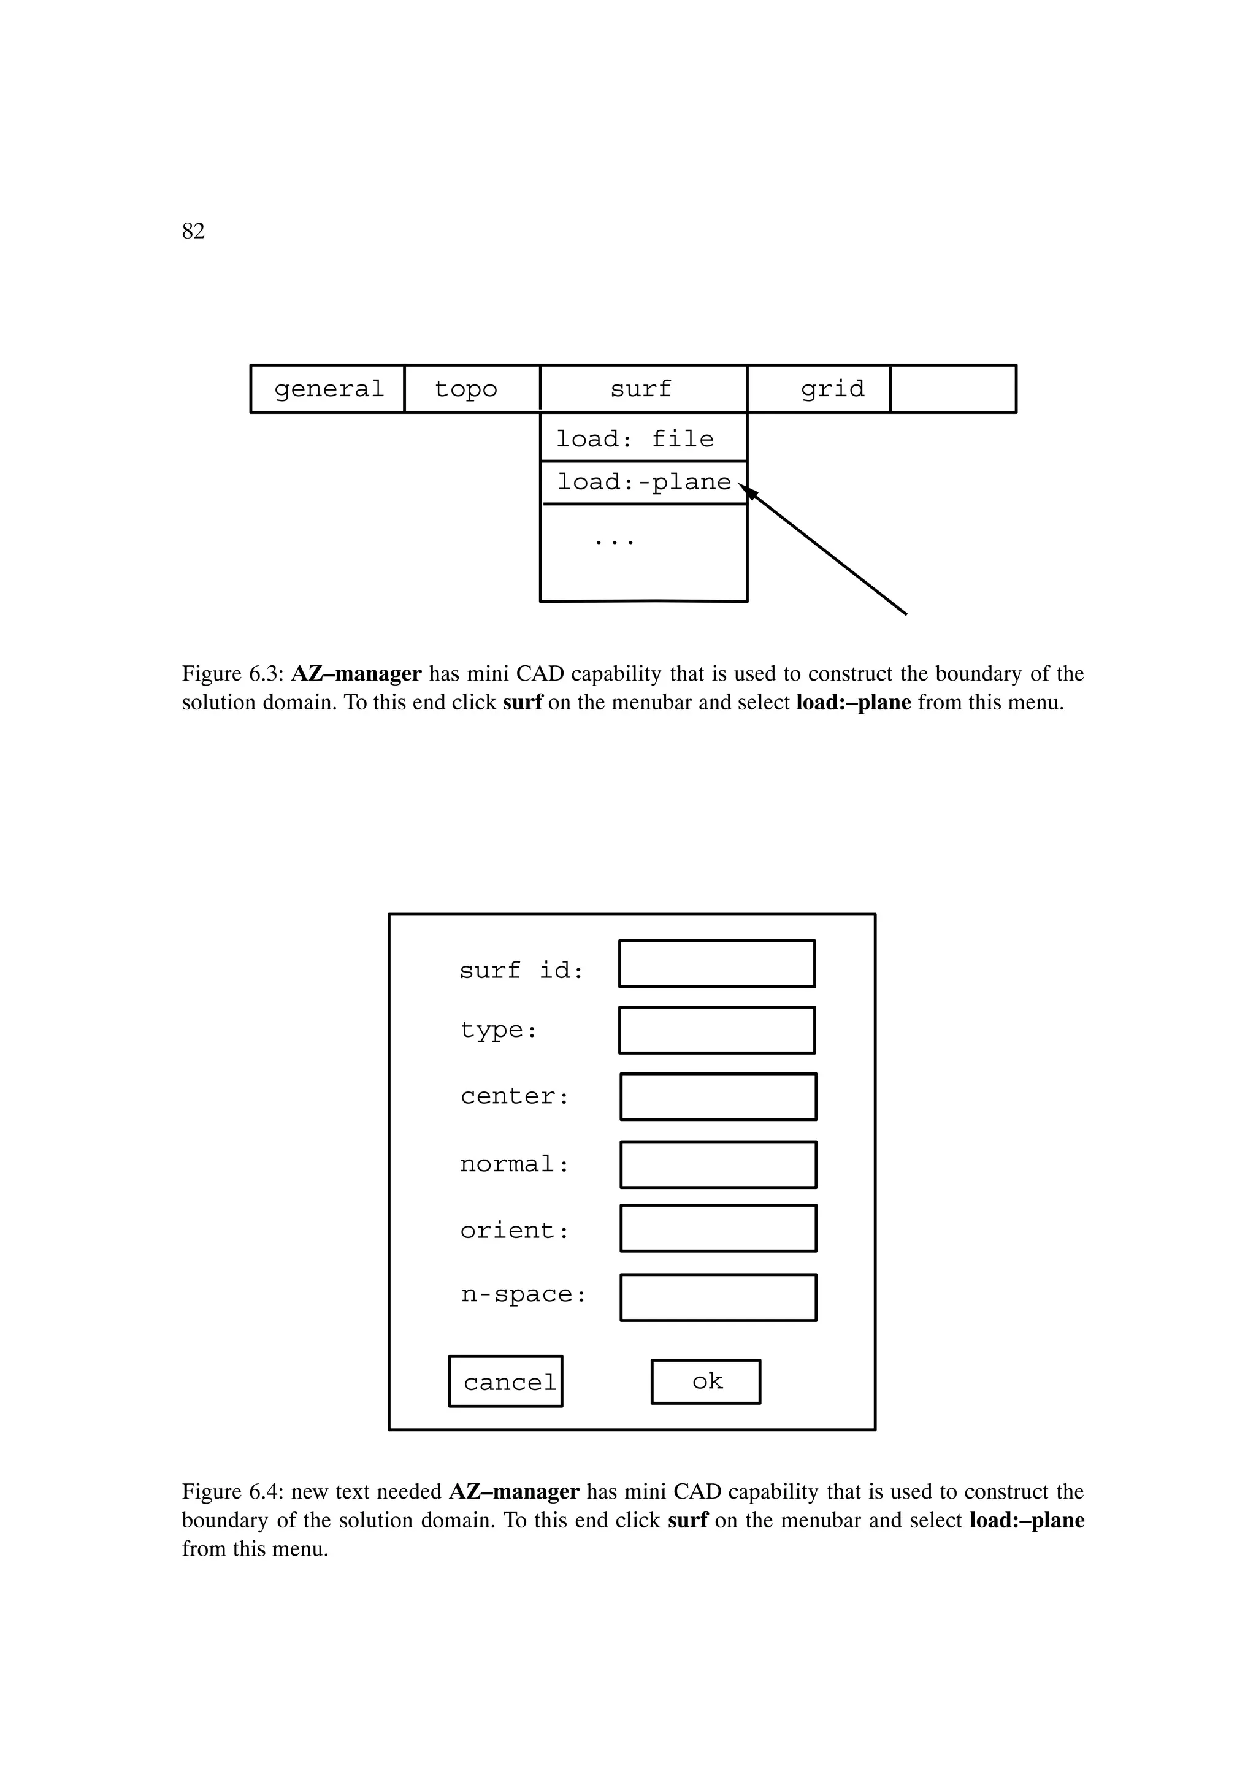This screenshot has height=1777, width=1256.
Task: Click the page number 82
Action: point(193,231)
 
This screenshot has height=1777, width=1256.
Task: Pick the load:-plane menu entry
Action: point(643,482)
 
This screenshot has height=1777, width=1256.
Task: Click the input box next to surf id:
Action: point(716,963)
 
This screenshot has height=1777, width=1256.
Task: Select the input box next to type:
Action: point(716,1030)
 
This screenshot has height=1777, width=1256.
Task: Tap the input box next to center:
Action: point(718,1097)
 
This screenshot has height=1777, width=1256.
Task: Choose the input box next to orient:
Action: point(718,1228)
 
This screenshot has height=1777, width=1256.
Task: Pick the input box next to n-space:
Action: point(718,1298)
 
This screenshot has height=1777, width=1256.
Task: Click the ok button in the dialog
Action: point(706,1381)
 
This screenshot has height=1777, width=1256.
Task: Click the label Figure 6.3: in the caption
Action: point(232,674)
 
